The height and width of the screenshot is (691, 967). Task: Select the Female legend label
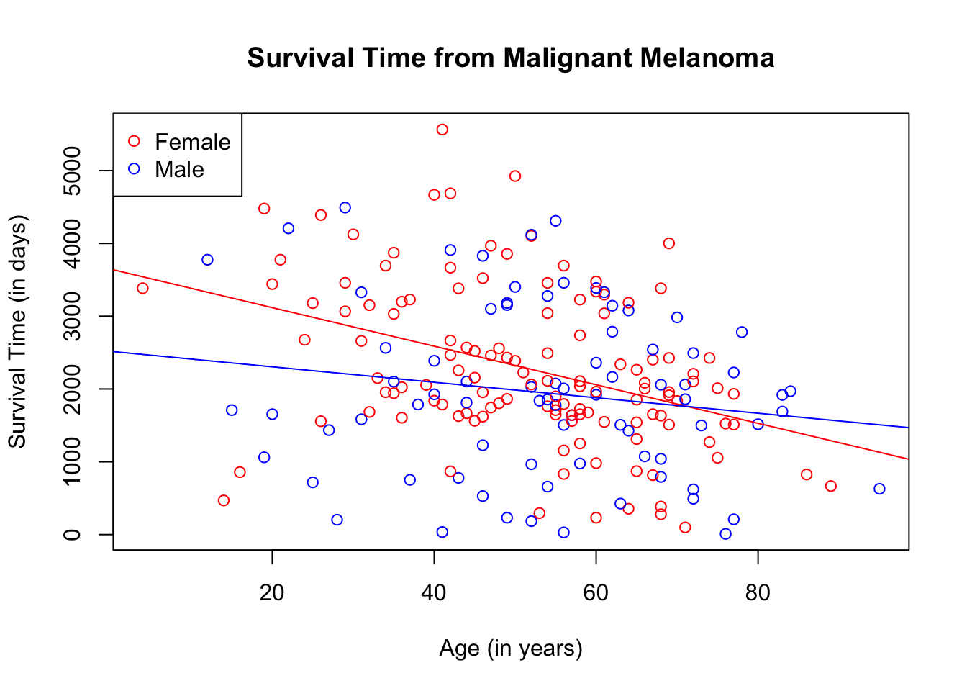192,142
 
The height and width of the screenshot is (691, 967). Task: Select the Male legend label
179,169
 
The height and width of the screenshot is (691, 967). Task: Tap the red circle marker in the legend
134,141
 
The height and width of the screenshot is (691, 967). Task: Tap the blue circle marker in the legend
134,168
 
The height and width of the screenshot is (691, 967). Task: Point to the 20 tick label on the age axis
272,593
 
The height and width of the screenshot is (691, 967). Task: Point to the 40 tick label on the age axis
434,593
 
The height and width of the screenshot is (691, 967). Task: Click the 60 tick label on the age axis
596,593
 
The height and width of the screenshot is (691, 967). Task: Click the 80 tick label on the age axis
758,593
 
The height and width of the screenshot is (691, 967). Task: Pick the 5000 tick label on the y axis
72,171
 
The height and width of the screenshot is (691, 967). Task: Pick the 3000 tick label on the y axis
72,316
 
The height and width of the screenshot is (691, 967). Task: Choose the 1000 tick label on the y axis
72,461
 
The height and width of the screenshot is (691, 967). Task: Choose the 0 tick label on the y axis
72,534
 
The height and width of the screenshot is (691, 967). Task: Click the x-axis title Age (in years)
511,649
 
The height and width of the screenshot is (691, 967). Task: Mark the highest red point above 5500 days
442,130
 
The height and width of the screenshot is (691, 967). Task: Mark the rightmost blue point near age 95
879,489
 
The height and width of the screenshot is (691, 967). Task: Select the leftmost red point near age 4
142,288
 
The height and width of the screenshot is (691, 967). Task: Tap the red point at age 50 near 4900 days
515,176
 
